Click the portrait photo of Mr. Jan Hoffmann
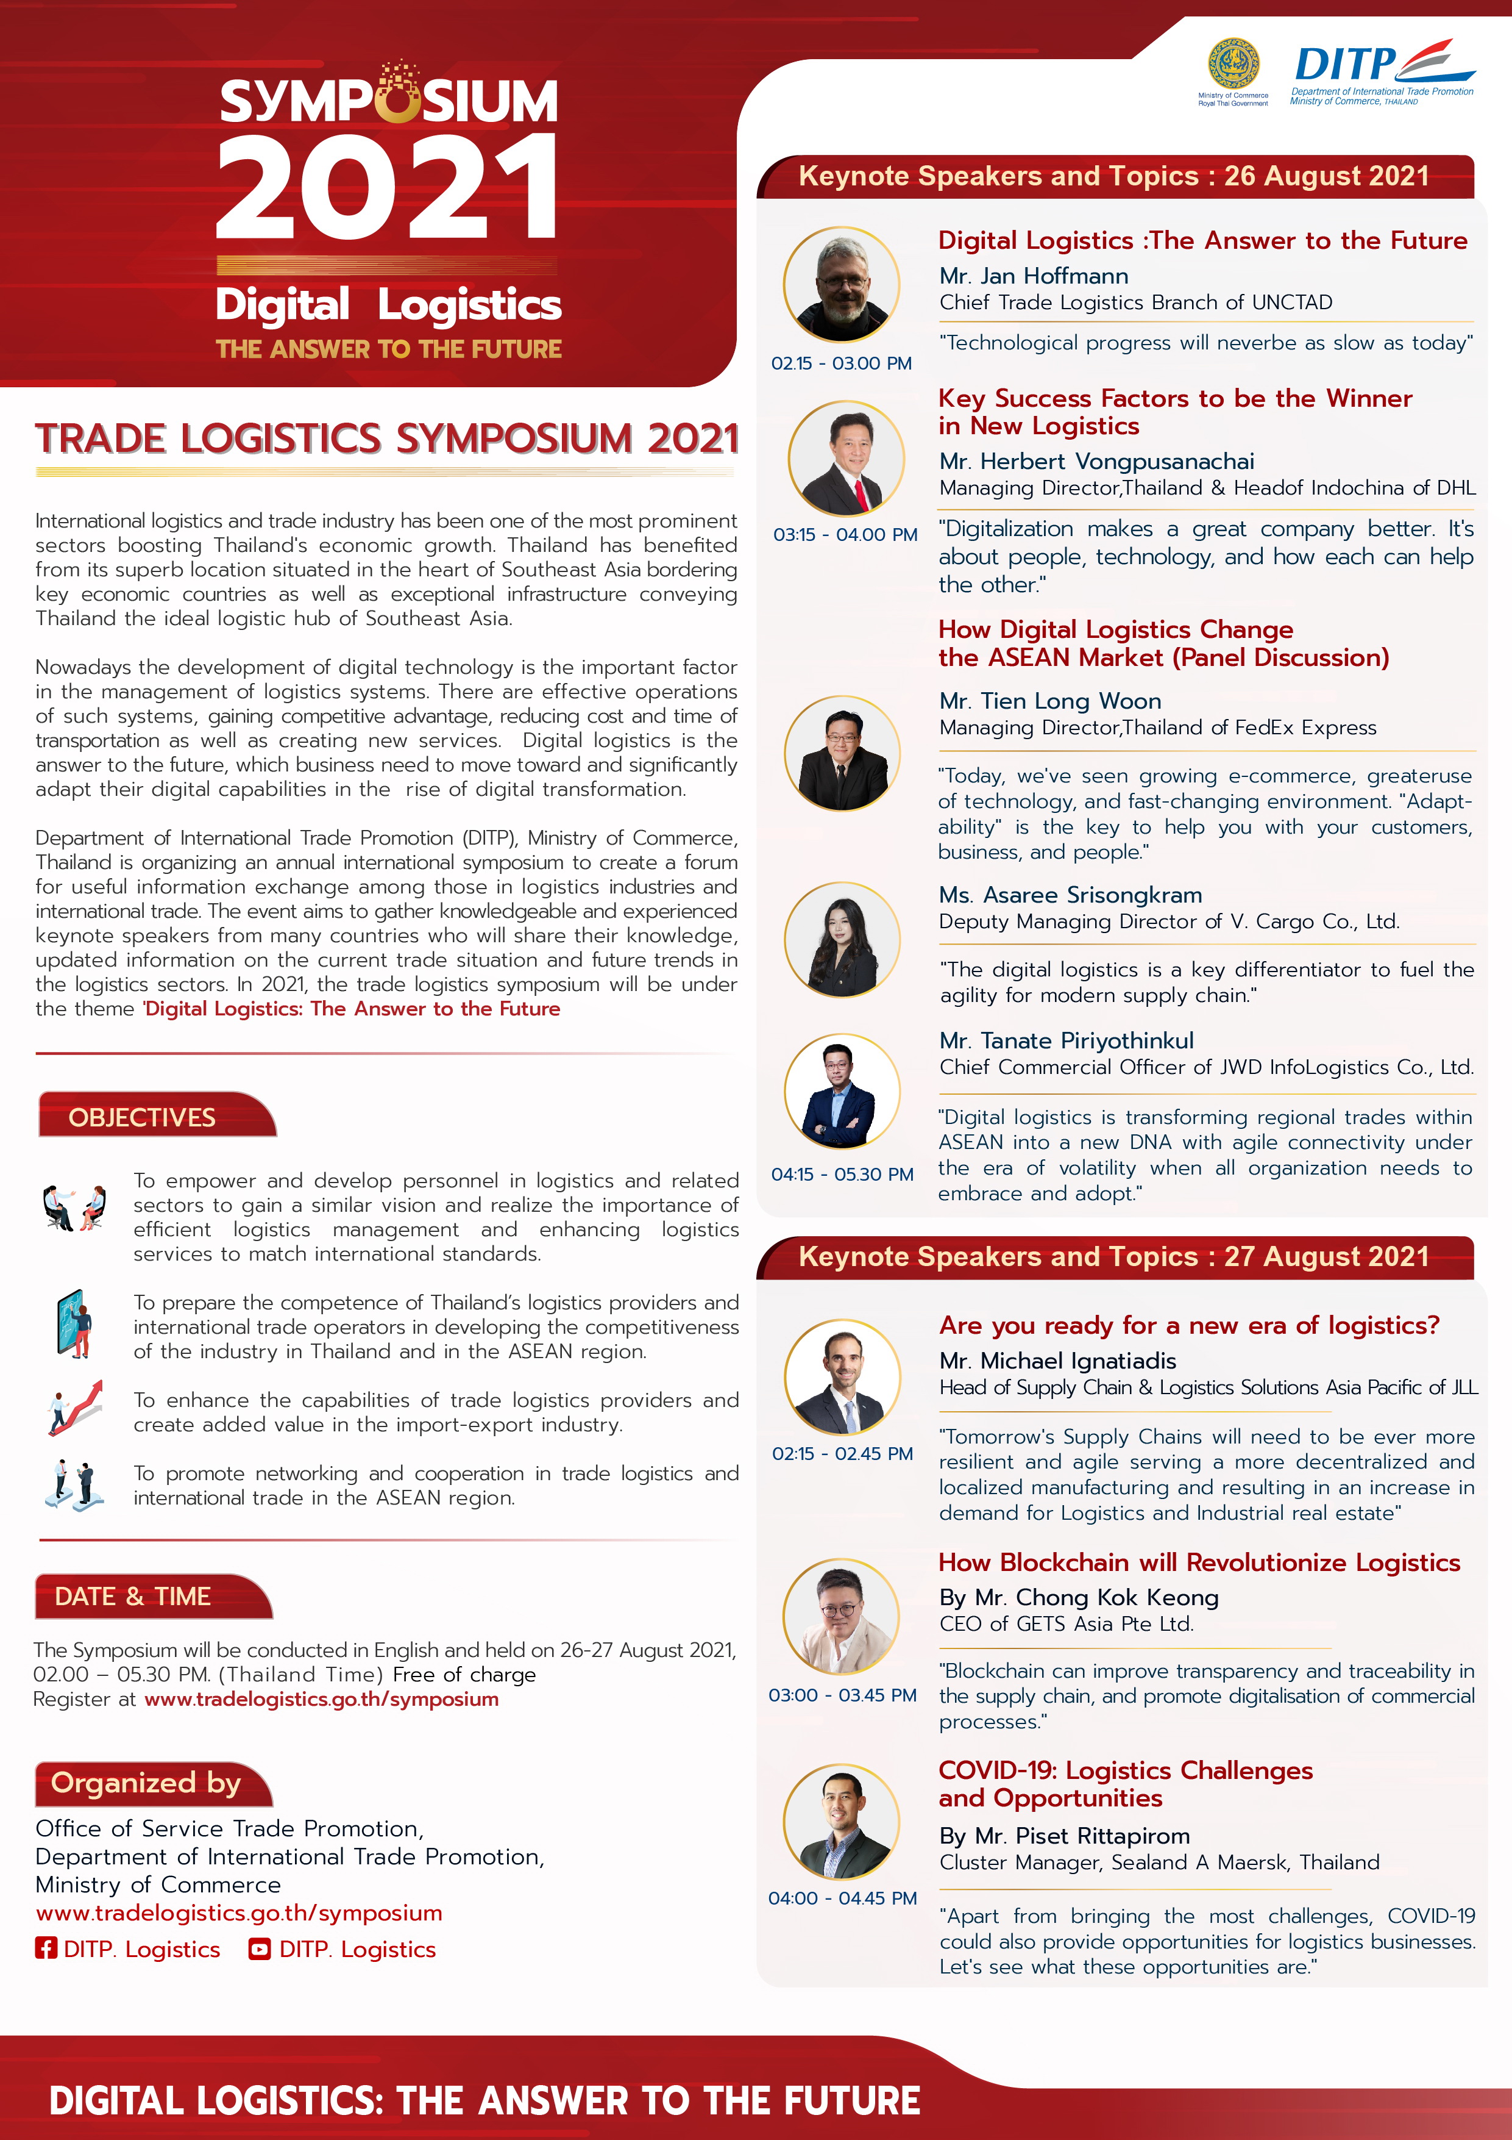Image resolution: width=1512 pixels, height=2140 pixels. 841,284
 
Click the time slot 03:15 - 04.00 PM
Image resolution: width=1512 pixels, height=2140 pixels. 845,535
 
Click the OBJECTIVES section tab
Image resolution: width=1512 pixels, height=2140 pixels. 143,1117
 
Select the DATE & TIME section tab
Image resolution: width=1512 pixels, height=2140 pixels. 133,1595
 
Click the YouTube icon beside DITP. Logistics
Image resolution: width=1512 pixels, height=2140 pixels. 260,1949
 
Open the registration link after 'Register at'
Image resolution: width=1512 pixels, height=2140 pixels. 321,1699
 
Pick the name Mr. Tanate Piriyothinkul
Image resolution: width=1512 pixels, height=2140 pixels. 1066,1040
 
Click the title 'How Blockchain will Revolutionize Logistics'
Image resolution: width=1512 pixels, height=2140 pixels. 1199,1562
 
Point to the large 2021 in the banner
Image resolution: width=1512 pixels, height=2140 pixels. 386,187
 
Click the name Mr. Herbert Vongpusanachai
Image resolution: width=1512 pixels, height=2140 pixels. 1096,462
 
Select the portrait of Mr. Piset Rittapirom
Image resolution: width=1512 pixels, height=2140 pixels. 841,1821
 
